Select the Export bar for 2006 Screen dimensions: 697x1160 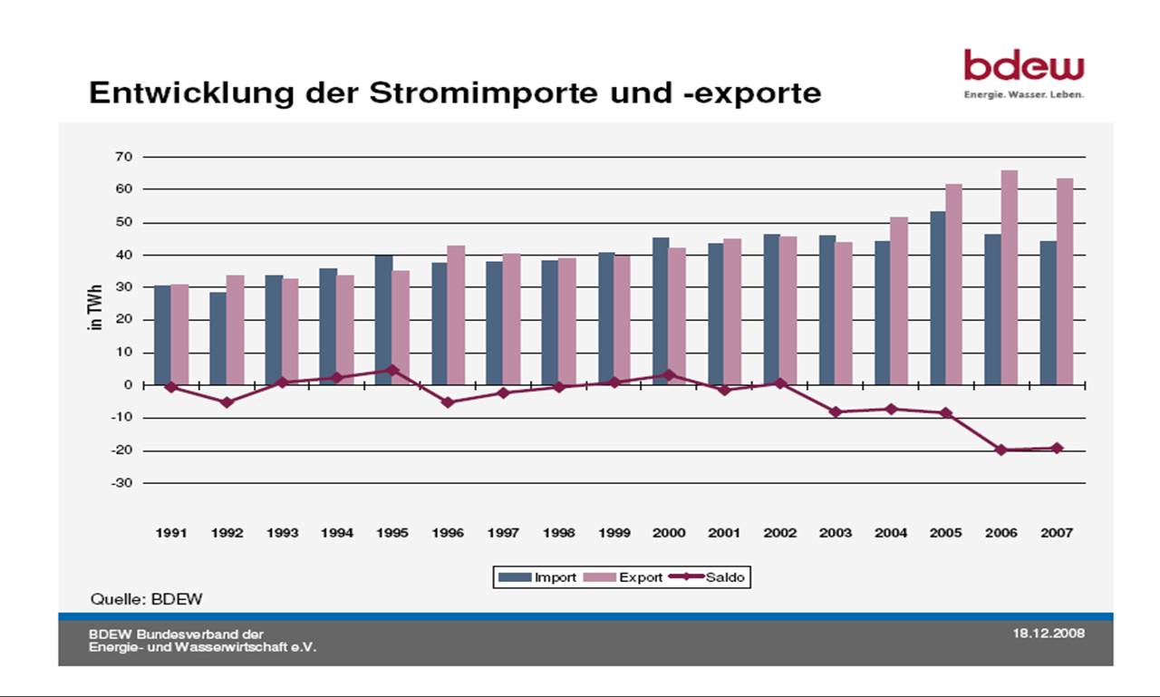click(x=1009, y=277)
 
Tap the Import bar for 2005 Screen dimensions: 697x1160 click(x=937, y=298)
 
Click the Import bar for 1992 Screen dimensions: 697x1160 click(x=217, y=338)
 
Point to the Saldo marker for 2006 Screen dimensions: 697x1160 click(x=1001, y=450)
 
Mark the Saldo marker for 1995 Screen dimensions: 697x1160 click(x=392, y=370)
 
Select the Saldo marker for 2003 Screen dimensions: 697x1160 click(x=836, y=411)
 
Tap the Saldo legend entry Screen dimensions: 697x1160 click(x=711, y=577)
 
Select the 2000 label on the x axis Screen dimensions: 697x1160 click(x=670, y=533)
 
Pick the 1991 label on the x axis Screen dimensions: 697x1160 click(x=171, y=533)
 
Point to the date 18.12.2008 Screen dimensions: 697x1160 click(x=1048, y=633)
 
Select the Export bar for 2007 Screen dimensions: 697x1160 click(x=1064, y=281)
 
